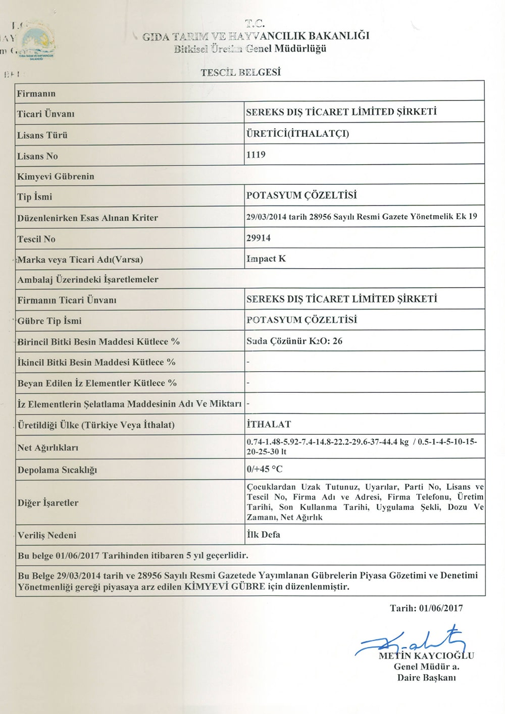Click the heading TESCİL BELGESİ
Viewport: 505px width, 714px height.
pyautogui.click(x=240, y=72)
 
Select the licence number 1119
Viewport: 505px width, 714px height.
pyautogui.click(x=256, y=155)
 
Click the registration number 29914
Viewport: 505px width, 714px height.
pyautogui.click(x=259, y=238)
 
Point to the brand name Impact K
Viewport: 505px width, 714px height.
pyautogui.click(x=266, y=259)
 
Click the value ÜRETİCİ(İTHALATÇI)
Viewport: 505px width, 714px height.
pyautogui.click(x=297, y=134)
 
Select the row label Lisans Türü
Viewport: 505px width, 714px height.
pyautogui.click(x=42, y=135)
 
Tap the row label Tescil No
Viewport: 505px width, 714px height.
pyautogui.click(x=36, y=239)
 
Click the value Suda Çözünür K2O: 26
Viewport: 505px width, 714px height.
pyautogui.click(x=294, y=341)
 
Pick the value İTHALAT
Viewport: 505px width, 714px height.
pyautogui.click(x=269, y=424)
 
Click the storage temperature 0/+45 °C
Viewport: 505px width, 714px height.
pyautogui.click(x=265, y=469)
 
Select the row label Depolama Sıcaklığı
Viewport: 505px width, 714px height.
pyautogui.click(x=58, y=470)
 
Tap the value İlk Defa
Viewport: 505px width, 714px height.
pyautogui.click(x=264, y=534)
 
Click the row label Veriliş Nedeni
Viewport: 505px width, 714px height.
pyautogui.click(x=47, y=535)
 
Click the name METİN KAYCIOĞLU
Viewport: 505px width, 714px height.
pyautogui.click(x=426, y=656)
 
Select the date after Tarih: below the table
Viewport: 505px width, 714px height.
pyautogui.click(x=441, y=608)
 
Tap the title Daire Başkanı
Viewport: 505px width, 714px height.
pyautogui.click(x=426, y=678)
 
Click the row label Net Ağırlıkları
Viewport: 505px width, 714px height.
pyautogui.click(x=48, y=447)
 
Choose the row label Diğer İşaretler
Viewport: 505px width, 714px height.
pyautogui.click(x=48, y=503)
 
